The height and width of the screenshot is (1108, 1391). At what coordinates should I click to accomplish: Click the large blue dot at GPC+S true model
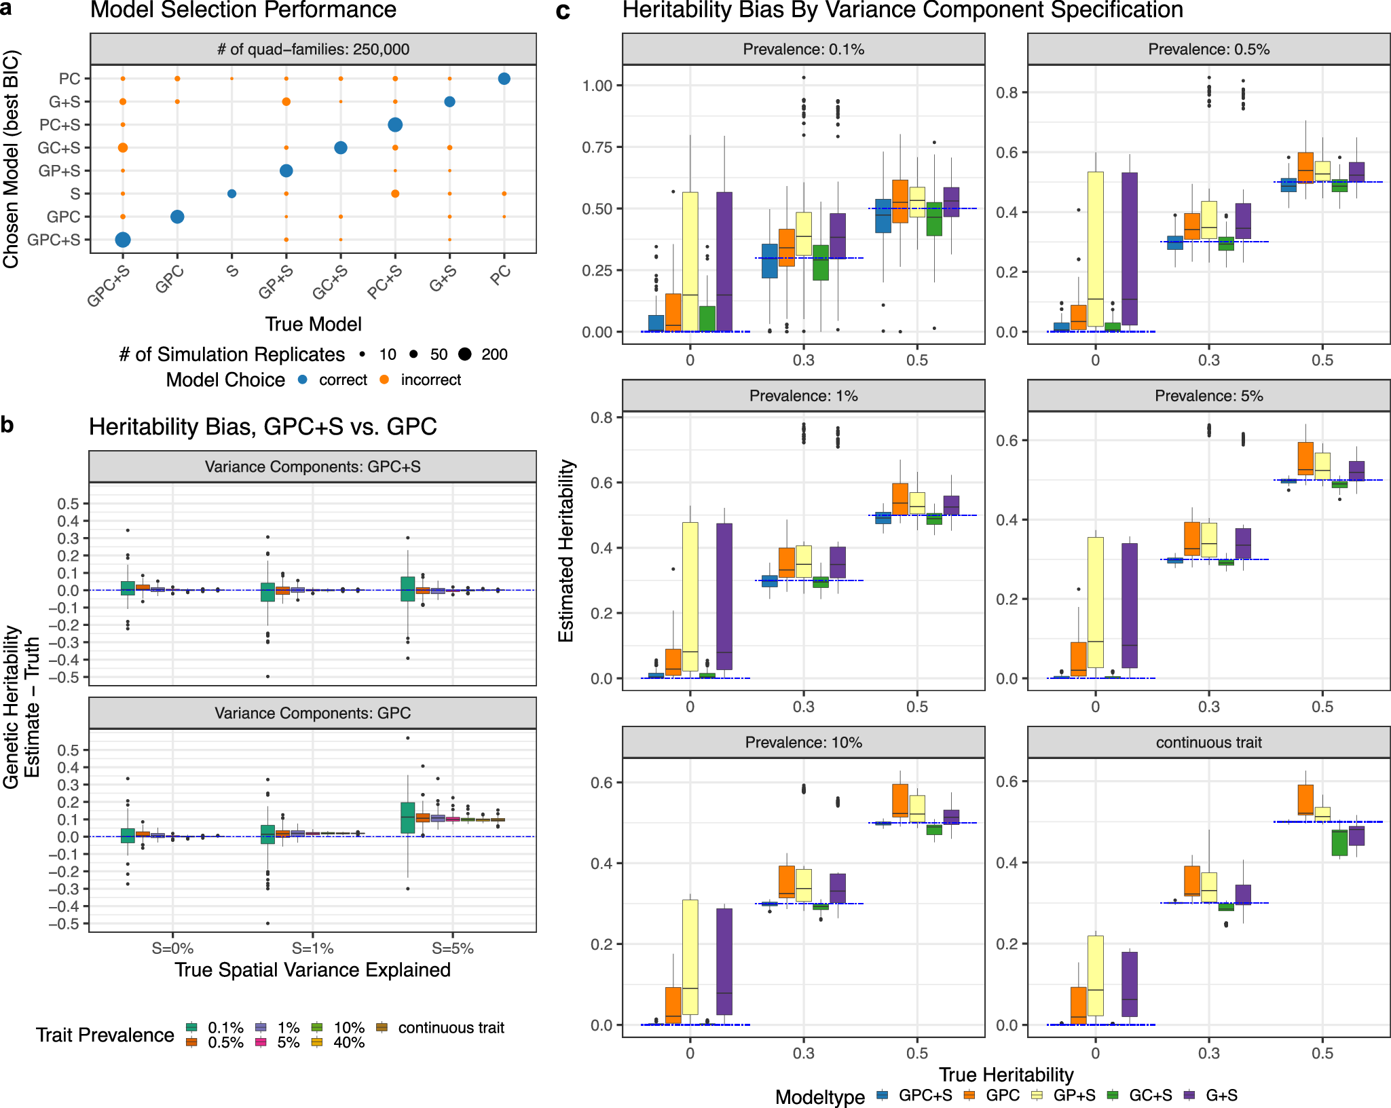pyautogui.click(x=123, y=240)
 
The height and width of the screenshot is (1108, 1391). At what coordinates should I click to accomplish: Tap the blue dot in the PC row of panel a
pyautogui.click(x=504, y=79)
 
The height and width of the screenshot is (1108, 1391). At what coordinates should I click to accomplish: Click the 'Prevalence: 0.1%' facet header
pyautogui.click(x=803, y=50)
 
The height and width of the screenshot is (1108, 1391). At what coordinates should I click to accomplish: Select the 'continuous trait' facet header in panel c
pyautogui.click(x=1208, y=743)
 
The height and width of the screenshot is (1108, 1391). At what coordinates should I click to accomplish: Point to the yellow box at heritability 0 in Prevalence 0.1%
pyautogui.click(x=690, y=261)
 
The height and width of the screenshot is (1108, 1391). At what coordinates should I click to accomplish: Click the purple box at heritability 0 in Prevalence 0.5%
pyautogui.click(x=1130, y=248)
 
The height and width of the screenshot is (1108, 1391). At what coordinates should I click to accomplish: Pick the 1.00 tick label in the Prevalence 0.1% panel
pyautogui.click(x=597, y=86)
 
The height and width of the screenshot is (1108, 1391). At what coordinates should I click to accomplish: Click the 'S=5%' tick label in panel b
pyautogui.click(x=453, y=948)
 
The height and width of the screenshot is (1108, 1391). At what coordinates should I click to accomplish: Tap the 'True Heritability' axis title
pyautogui.click(x=1006, y=1075)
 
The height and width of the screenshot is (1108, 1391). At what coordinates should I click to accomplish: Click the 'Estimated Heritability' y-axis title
pyautogui.click(x=566, y=551)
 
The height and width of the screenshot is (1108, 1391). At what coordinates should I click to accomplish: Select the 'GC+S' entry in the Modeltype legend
pyautogui.click(x=1150, y=1096)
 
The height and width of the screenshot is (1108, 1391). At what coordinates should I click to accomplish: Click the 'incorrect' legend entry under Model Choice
pyautogui.click(x=430, y=380)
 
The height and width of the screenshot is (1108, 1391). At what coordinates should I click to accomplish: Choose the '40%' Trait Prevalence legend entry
pyautogui.click(x=349, y=1043)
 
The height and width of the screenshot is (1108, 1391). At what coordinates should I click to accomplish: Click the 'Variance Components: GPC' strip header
pyautogui.click(x=312, y=714)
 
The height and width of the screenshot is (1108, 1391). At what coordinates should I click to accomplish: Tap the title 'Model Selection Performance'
pyautogui.click(x=243, y=10)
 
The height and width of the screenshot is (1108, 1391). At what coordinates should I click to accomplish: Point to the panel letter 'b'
pyautogui.click(x=7, y=425)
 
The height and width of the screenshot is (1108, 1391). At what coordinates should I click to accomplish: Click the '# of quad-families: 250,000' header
pyautogui.click(x=313, y=50)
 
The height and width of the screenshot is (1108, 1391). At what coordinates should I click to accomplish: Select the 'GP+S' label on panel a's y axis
pyautogui.click(x=59, y=171)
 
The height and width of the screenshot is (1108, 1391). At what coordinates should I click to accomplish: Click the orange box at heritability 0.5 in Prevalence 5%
pyautogui.click(x=1305, y=458)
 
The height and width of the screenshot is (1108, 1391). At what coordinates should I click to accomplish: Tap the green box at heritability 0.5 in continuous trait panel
pyautogui.click(x=1339, y=843)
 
